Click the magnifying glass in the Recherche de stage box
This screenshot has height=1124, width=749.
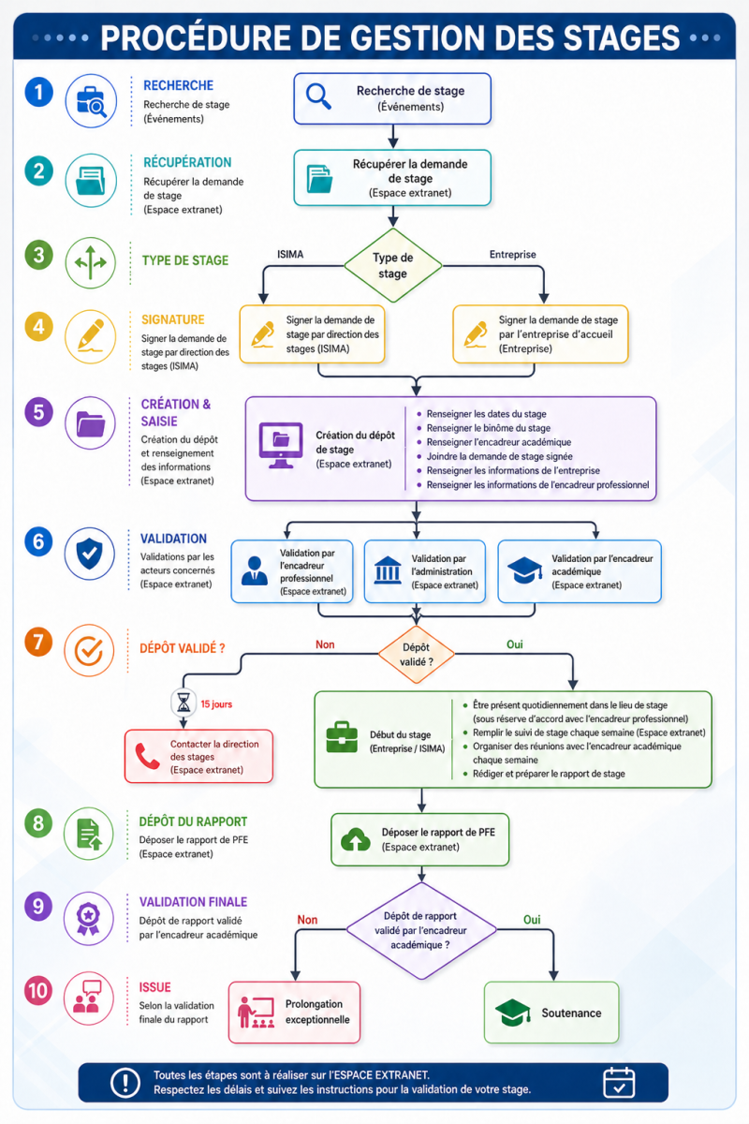point(318,96)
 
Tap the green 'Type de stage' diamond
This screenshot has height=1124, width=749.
point(393,265)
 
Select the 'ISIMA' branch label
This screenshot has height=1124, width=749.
point(290,255)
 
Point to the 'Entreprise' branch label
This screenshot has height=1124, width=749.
point(513,255)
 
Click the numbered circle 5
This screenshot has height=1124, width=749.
point(38,412)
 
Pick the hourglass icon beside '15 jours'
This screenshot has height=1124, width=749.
point(184,702)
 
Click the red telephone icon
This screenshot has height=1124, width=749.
point(147,756)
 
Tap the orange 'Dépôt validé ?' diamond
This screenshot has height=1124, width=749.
point(416,655)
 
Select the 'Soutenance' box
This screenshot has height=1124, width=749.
point(551,1013)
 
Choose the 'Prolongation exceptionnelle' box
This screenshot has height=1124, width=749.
point(295,1013)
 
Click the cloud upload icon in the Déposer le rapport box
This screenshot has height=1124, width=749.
point(355,839)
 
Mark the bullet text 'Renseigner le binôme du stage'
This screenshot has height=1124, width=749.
point(488,428)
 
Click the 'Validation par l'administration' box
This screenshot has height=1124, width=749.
point(425,571)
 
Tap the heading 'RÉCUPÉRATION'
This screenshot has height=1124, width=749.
point(187,163)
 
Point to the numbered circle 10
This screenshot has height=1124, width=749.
point(38,991)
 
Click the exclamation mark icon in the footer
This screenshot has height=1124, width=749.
point(125,1083)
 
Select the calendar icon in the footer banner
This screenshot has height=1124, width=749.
point(619,1083)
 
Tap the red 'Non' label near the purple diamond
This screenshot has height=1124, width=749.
point(307,920)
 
